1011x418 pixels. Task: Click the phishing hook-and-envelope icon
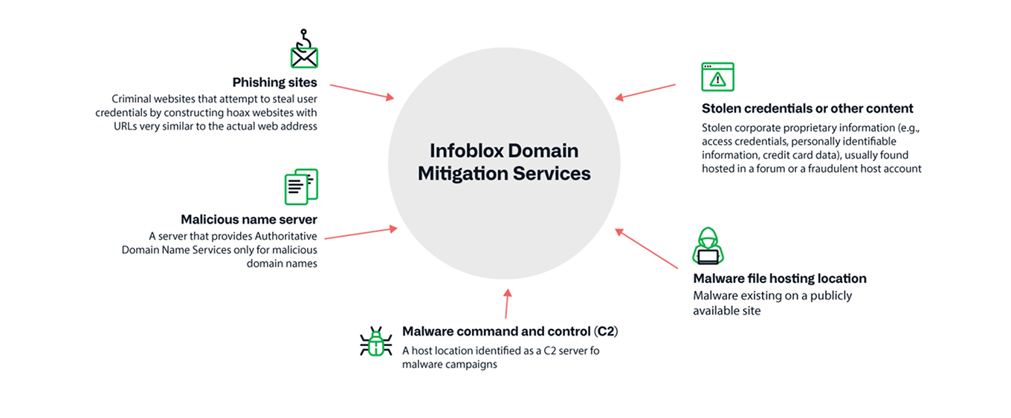[303, 50]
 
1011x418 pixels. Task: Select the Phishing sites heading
[274, 82]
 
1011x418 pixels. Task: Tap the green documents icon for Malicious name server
[301, 186]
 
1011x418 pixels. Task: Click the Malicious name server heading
[248, 220]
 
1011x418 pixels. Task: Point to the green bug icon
[375, 342]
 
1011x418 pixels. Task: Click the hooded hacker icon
[708, 246]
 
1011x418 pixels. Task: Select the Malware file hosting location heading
[779, 278]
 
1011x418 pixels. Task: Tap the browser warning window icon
[717, 76]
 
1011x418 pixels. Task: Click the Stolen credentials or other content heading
[807, 108]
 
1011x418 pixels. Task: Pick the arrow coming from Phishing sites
[361, 91]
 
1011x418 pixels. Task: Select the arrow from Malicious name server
[361, 233]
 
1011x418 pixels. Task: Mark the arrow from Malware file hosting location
[647, 249]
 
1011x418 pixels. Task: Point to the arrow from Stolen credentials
[645, 91]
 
